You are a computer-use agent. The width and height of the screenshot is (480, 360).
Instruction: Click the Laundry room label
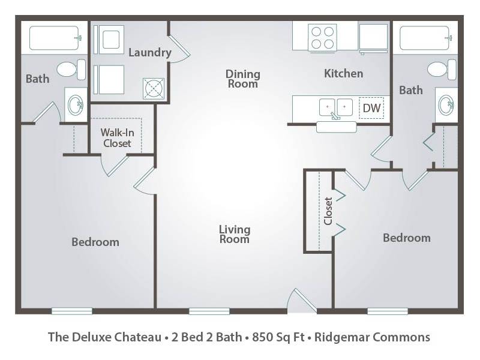(x=149, y=52)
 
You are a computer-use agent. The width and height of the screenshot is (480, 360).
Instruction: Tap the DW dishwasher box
(x=371, y=108)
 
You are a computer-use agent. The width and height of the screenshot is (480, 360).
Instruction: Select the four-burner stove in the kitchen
(x=322, y=37)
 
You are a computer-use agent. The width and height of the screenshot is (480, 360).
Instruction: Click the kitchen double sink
(x=336, y=108)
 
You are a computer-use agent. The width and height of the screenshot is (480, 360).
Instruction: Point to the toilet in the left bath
(x=71, y=70)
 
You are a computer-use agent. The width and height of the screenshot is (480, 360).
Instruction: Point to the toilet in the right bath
(x=442, y=70)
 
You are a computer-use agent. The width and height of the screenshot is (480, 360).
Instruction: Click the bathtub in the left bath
(x=55, y=38)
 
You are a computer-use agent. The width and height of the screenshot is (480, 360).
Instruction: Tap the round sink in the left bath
(x=76, y=106)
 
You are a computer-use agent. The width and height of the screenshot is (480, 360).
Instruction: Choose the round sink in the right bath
(x=446, y=105)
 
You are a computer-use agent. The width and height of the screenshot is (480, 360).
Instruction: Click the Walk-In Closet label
(x=117, y=138)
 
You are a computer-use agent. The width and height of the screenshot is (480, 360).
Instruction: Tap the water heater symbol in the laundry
(x=154, y=89)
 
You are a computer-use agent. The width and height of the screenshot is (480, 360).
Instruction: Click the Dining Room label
(x=243, y=79)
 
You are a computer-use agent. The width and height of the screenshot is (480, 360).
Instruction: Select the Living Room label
(x=235, y=234)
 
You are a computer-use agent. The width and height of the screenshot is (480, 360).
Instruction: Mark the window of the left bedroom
(x=72, y=311)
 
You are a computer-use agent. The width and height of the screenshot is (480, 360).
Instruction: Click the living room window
(x=209, y=311)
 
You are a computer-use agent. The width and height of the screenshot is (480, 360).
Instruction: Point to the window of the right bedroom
(x=388, y=311)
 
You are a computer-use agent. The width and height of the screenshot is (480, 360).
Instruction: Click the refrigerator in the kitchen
(x=373, y=38)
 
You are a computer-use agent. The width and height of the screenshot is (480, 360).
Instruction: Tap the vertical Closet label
(x=328, y=211)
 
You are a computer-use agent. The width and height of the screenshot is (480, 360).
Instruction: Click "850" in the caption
(x=262, y=337)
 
